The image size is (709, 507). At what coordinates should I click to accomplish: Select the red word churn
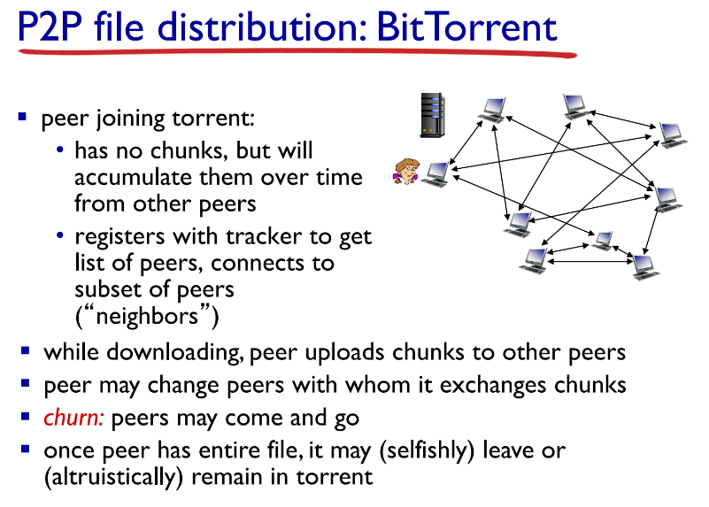coord(74,418)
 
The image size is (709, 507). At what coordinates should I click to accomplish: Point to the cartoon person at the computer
coord(406,171)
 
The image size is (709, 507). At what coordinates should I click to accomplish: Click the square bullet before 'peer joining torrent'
coord(24,117)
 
